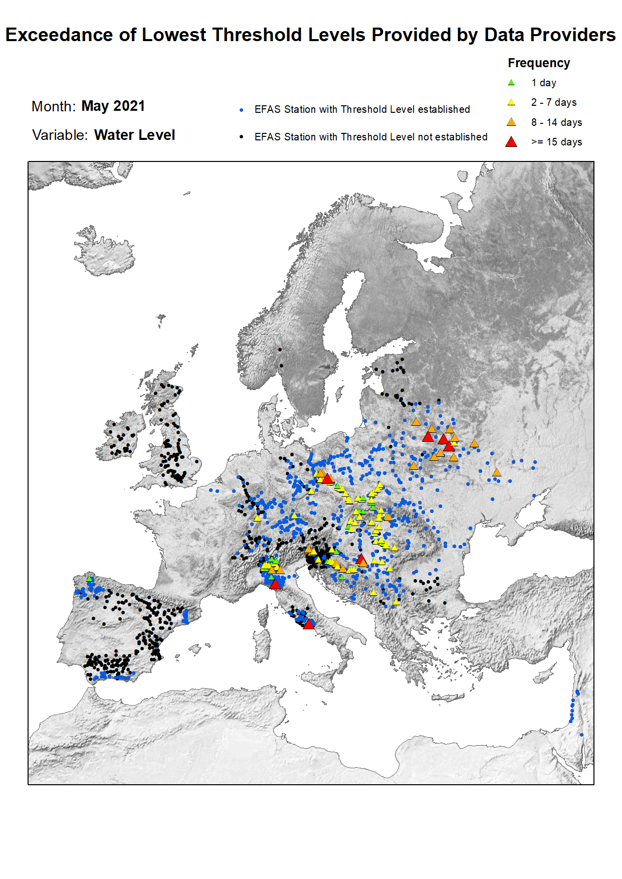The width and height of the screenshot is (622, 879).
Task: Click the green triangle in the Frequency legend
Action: [511, 83]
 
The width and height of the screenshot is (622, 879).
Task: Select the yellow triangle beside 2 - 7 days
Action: [511, 102]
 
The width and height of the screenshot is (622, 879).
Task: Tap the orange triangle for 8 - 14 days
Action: [511, 122]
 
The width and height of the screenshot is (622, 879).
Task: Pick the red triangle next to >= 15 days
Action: [511, 142]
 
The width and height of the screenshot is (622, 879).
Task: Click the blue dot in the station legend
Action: [242, 110]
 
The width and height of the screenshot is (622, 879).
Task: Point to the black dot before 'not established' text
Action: [242, 137]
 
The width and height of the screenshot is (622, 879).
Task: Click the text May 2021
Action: [113, 106]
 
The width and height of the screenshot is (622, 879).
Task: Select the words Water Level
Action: [134, 135]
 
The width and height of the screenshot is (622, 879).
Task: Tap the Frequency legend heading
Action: [539, 63]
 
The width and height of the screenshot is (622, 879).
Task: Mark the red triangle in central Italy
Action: [309, 624]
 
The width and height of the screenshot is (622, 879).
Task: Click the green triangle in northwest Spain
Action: [90, 579]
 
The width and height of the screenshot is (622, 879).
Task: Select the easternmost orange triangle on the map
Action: [497, 472]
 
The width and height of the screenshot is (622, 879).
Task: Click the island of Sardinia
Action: [262, 647]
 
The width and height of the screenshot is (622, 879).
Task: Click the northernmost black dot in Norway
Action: [280, 350]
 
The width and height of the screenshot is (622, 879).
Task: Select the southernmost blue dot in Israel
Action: [581, 735]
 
